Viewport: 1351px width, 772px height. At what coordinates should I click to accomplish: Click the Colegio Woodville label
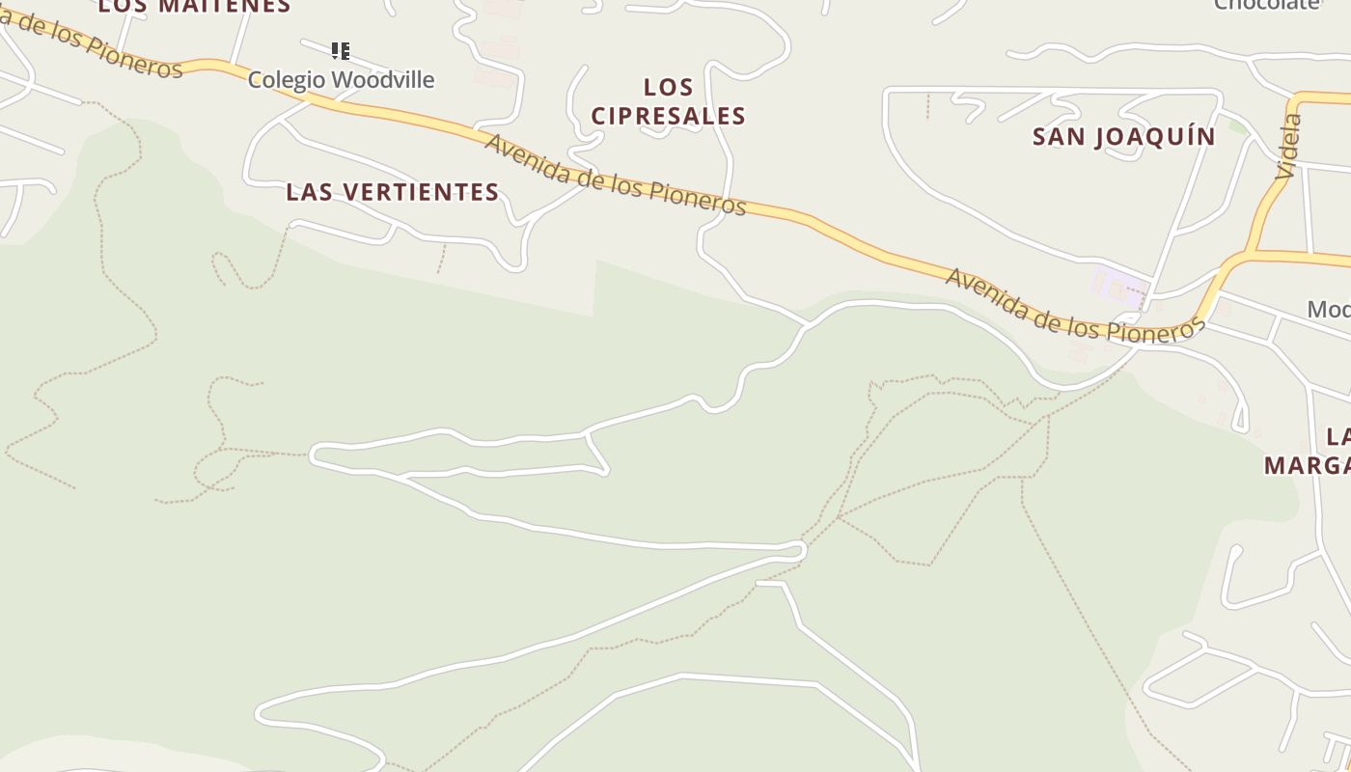(341, 80)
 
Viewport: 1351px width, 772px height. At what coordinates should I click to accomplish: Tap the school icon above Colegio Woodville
(340, 50)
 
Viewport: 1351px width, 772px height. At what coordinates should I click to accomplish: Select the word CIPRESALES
(668, 116)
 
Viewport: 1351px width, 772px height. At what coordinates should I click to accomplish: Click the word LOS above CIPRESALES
(668, 88)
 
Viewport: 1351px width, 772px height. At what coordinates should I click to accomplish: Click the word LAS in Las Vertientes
(310, 192)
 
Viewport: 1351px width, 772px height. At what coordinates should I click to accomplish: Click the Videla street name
(1288, 147)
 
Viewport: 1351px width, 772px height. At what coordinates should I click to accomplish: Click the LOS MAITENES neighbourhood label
(194, 6)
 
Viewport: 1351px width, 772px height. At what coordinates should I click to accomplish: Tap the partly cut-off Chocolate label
(1266, 4)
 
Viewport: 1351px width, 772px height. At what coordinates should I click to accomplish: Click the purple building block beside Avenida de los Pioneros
(1117, 287)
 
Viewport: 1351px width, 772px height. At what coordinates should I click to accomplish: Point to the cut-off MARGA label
(1308, 465)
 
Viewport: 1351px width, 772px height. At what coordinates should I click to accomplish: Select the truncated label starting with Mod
(1328, 310)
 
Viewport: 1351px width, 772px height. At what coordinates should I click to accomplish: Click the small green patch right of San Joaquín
(1237, 126)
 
